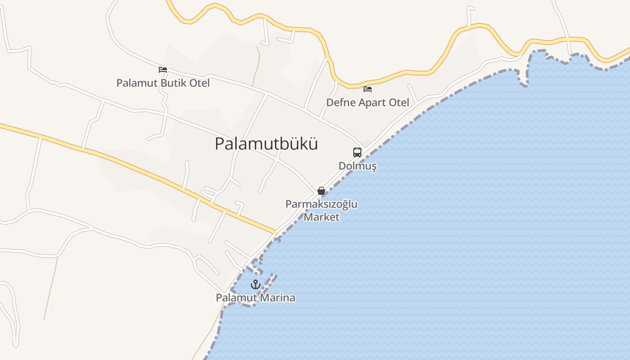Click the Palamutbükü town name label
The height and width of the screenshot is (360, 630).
[x=266, y=144]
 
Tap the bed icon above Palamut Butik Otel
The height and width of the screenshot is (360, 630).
[x=163, y=70]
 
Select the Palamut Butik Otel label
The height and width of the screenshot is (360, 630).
[x=163, y=83]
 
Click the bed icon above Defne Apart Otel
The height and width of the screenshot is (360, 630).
[x=368, y=89]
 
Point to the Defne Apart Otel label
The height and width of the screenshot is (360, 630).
[x=368, y=103]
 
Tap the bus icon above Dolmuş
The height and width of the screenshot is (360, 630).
[x=357, y=152]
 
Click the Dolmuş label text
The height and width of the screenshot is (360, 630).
[x=357, y=166]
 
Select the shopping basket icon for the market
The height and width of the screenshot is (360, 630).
[x=321, y=191]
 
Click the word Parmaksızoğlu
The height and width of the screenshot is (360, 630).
[x=321, y=204]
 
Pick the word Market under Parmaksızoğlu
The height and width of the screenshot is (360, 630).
[x=321, y=217]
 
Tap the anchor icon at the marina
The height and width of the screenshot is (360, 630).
[x=256, y=284]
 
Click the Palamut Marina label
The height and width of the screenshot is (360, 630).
[x=256, y=298]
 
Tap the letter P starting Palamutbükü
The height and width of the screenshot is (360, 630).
[x=220, y=144]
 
